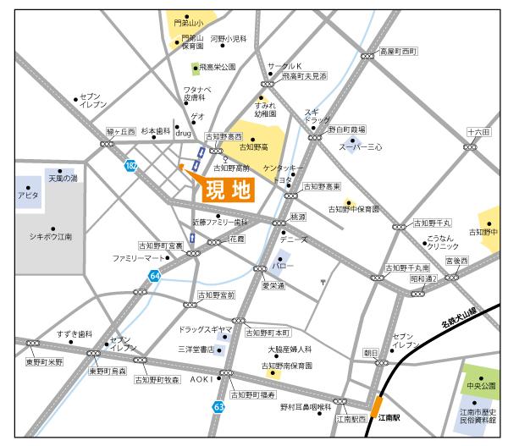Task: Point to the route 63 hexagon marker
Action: (x=218, y=407)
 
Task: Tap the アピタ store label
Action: (x=28, y=195)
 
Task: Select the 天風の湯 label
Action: (x=62, y=179)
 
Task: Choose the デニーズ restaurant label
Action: (x=293, y=240)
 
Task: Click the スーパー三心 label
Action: (x=362, y=147)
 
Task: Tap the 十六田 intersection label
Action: (x=478, y=133)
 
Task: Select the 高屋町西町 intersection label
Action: (x=398, y=52)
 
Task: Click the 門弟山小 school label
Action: (x=185, y=23)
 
